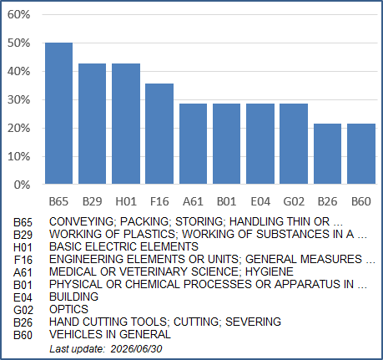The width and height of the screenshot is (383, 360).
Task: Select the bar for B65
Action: [58, 114]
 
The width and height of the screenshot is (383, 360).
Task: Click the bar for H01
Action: [126, 124]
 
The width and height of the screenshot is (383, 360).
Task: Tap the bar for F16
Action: [159, 134]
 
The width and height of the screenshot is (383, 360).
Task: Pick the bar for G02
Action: [294, 144]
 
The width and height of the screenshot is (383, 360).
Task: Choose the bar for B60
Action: [361, 154]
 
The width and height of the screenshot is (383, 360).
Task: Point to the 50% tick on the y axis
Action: [18, 43]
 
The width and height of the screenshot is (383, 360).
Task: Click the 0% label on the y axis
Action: [22, 185]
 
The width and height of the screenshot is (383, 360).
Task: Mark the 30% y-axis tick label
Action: [18, 100]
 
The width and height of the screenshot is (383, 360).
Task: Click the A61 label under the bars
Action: [193, 201]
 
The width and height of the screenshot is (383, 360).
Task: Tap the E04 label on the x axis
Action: [260, 201]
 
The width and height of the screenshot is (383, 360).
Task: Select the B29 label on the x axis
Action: [92, 201]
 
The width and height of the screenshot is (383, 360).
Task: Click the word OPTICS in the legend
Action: [68, 309]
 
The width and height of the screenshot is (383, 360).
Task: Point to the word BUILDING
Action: [73, 297]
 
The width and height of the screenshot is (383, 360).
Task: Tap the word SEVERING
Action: [253, 322]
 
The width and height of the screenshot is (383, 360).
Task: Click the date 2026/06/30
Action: [136, 349]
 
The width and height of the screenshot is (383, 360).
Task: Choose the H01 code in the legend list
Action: [23, 247]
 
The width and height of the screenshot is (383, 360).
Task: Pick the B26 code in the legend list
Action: [23, 322]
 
